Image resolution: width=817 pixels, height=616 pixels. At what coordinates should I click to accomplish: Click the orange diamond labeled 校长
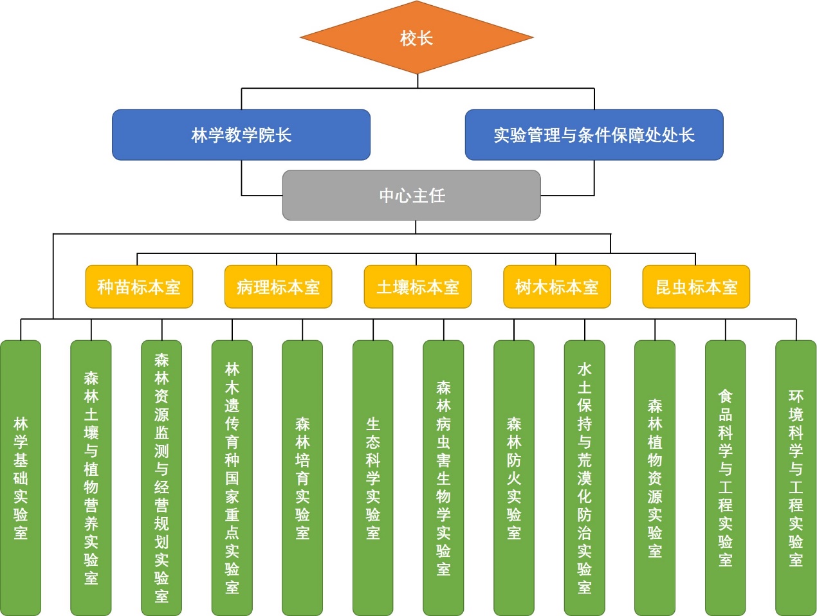[417, 38]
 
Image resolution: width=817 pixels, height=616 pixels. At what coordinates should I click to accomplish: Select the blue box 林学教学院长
[241, 135]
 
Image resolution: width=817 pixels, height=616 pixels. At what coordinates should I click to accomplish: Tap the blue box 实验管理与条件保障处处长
[594, 135]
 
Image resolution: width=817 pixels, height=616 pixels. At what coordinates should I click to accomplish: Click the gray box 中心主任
[412, 195]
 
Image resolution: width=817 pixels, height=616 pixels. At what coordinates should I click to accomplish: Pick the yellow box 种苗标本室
[139, 287]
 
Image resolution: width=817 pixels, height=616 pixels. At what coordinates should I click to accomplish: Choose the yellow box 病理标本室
[278, 287]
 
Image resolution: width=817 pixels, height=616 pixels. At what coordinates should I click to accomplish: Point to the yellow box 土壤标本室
[418, 287]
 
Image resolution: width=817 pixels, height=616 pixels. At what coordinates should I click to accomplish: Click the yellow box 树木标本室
[556, 287]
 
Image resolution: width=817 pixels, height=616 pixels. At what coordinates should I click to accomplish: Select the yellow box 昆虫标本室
[696, 287]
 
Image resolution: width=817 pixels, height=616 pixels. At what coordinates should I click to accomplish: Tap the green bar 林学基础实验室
[21, 478]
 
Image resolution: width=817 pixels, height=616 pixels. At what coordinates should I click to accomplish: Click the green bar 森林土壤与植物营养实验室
[91, 478]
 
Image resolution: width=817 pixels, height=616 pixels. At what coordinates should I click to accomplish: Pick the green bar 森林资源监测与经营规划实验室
[161, 478]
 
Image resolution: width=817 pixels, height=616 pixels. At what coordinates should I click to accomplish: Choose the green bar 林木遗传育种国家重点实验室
[232, 478]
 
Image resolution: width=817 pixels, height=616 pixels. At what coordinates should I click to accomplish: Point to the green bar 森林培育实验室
[302, 478]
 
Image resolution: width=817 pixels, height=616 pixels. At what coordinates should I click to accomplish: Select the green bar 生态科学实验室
[373, 478]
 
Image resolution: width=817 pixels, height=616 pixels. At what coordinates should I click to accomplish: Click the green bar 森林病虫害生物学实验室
[443, 478]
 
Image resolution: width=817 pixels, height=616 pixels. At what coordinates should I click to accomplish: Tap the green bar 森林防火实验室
[514, 478]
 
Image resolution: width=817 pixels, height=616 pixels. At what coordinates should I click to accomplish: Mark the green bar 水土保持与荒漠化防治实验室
[584, 478]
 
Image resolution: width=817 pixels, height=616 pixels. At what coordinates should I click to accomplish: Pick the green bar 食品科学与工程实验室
[725, 478]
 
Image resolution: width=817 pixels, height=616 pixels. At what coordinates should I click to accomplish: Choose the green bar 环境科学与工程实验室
[796, 478]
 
